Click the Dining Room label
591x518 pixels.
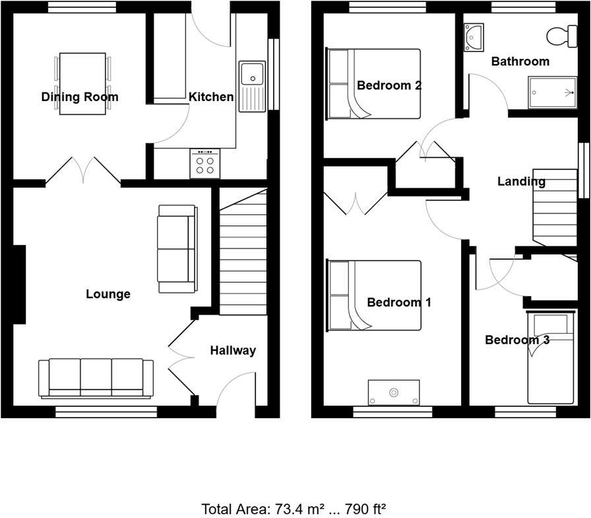coord(80,97)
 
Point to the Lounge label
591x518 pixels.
coord(108,294)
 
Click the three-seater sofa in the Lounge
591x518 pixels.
coord(96,378)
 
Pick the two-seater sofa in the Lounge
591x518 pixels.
coord(177,248)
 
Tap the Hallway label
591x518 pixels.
coord(233,350)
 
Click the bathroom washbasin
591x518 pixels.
coord(474,36)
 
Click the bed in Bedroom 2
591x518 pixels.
coord(374,84)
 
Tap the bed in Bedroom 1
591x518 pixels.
coord(374,295)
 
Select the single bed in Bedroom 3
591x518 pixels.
coord(551,358)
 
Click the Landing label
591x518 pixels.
coord(521,181)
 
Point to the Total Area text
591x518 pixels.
coord(294,508)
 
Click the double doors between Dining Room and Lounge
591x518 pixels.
coord(83,170)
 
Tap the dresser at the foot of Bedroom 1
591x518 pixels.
coord(394,392)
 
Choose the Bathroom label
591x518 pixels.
coord(520,61)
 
